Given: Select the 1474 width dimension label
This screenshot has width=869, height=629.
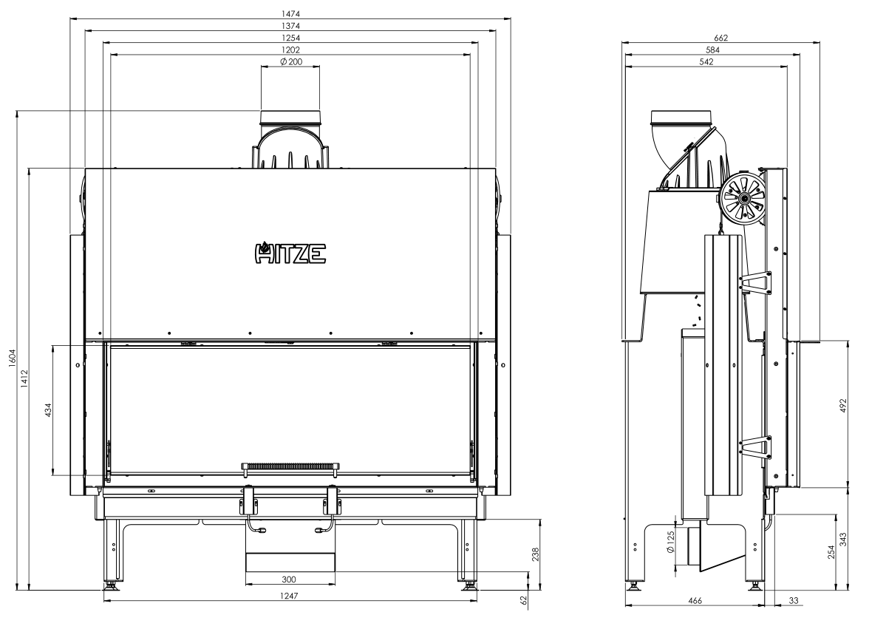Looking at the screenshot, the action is click(x=290, y=13).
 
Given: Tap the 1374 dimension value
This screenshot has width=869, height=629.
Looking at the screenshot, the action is click(x=290, y=25).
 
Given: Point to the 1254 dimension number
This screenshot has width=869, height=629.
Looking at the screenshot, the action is click(x=290, y=38).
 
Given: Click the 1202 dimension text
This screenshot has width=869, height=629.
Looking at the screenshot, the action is click(x=290, y=50).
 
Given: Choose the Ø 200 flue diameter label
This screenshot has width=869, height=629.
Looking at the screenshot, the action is click(x=291, y=61).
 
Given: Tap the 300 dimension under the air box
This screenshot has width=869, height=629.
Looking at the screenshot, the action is click(x=289, y=579).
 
